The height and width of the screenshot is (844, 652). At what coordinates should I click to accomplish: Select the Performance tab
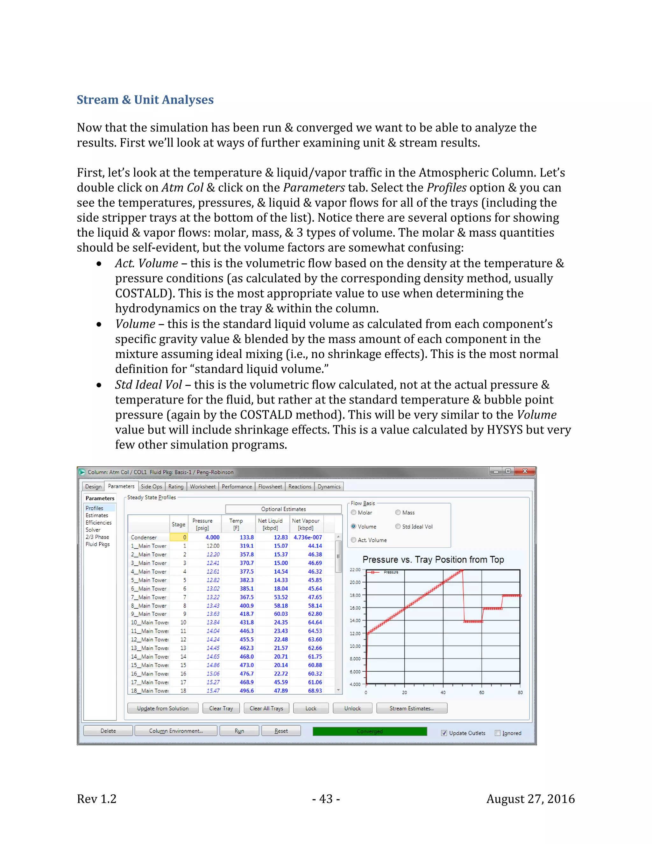pyautogui.click(x=237, y=487)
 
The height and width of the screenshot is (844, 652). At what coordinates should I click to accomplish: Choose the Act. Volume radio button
pyautogui.click(x=353, y=540)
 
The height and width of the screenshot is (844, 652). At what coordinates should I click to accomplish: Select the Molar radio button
pyautogui.click(x=353, y=512)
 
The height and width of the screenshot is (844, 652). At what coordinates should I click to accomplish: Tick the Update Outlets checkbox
pyautogui.click(x=444, y=733)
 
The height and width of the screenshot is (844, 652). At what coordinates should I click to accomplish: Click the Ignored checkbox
pyautogui.click(x=498, y=733)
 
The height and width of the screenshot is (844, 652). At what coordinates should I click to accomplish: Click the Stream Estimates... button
pyautogui.click(x=411, y=708)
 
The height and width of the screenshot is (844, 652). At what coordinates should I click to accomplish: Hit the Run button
pyautogui.click(x=239, y=731)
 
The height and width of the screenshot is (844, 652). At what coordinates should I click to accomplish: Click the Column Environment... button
pyautogui.click(x=176, y=731)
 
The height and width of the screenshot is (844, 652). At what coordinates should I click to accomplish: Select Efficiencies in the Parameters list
pyautogui.click(x=98, y=522)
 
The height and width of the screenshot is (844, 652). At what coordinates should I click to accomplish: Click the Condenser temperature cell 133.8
pyautogui.click(x=246, y=537)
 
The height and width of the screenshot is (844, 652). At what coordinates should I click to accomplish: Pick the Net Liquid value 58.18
pyautogui.click(x=281, y=605)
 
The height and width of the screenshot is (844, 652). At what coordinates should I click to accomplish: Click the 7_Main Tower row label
pyautogui.click(x=148, y=597)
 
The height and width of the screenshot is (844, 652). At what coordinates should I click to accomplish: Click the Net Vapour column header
pyautogui.click(x=306, y=524)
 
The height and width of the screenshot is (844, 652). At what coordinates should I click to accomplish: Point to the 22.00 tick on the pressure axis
pyautogui.click(x=355, y=570)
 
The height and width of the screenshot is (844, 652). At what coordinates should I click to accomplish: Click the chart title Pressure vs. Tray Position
pyautogui.click(x=433, y=560)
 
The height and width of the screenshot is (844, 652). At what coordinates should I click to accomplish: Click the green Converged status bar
pyautogui.click(x=369, y=731)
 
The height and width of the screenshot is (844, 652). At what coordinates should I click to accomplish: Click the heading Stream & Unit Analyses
pyautogui.click(x=145, y=100)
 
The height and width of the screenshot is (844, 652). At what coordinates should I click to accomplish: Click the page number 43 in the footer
pyautogui.click(x=326, y=799)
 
